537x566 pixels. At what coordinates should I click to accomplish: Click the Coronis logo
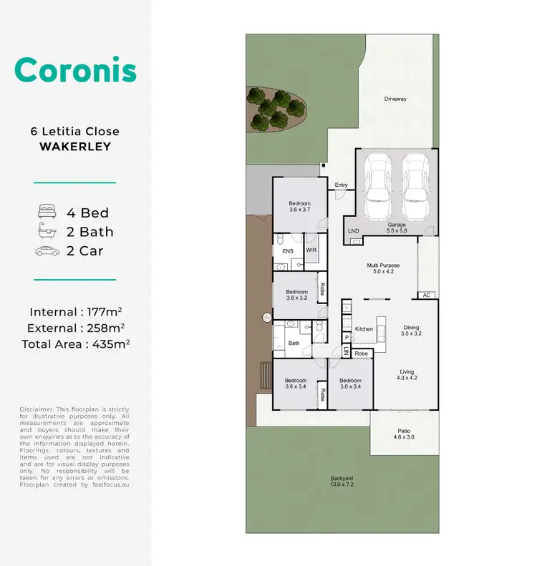[x=74, y=70]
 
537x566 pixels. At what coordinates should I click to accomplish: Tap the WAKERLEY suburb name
[x=74, y=147]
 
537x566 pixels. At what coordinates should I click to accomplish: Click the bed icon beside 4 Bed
[x=48, y=213]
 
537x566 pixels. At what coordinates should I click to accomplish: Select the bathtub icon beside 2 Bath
[x=48, y=232]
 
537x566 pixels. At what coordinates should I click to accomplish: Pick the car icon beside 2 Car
[x=48, y=251]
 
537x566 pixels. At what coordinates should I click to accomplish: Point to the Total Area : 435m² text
[x=75, y=343]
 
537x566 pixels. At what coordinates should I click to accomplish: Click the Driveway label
[x=395, y=99]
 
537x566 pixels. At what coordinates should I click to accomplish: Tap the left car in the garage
[x=377, y=187]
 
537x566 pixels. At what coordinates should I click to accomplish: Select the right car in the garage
[x=415, y=187]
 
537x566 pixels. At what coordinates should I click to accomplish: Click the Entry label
[x=341, y=185]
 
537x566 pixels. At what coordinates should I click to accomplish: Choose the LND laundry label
[x=353, y=231]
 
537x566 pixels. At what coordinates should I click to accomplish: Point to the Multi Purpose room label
[x=382, y=268]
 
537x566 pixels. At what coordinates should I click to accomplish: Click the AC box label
[x=426, y=295]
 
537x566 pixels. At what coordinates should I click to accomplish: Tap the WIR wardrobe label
[x=311, y=250]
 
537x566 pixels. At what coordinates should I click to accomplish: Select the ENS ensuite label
[x=287, y=251]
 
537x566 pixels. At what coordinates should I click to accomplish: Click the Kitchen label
[x=364, y=329]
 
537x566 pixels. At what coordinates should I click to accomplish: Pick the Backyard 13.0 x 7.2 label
[x=342, y=482]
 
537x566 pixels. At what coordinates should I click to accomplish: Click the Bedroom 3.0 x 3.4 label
[x=350, y=384]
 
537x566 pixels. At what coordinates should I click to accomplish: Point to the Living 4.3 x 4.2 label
[x=407, y=375]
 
